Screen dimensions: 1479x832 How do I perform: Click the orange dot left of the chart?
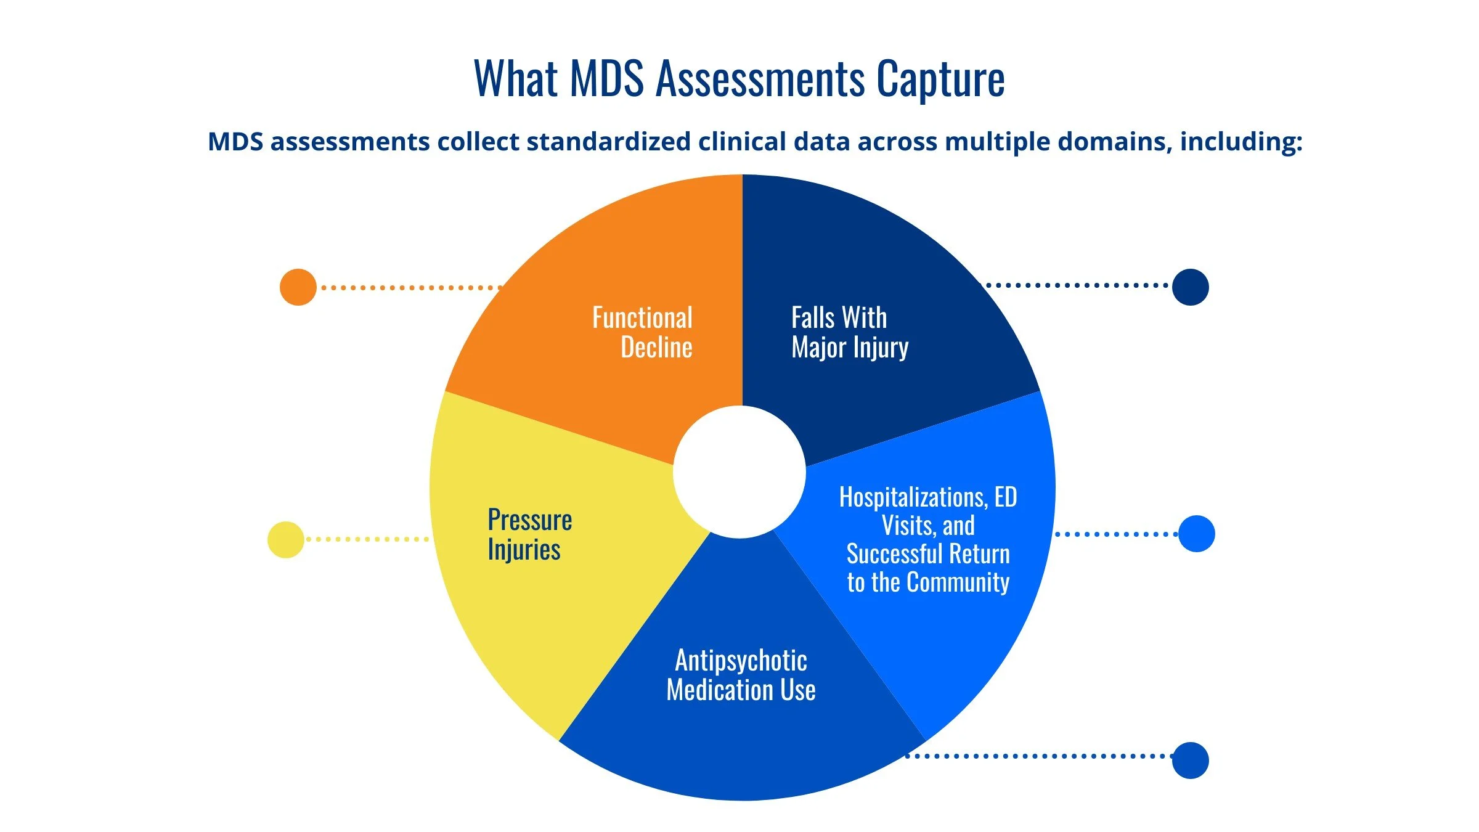click(298, 287)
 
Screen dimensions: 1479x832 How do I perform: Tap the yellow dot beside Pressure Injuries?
click(286, 540)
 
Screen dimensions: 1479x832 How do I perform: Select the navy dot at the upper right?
click(1191, 287)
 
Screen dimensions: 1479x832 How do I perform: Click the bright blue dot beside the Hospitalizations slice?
click(1197, 534)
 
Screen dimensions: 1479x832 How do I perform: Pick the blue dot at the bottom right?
click(1191, 761)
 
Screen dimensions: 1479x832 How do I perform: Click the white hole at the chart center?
click(739, 472)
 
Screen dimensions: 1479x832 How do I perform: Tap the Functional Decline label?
click(643, 333)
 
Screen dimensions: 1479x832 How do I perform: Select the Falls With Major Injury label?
click(850, 333)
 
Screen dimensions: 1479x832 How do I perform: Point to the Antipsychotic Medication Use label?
click(741, 675)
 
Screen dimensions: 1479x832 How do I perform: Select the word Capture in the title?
click(940, 80)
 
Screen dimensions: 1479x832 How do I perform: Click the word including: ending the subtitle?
click(1241, 142)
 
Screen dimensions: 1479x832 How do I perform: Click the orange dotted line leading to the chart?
click(412, 287)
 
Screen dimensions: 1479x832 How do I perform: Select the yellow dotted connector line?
click(368, 539)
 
